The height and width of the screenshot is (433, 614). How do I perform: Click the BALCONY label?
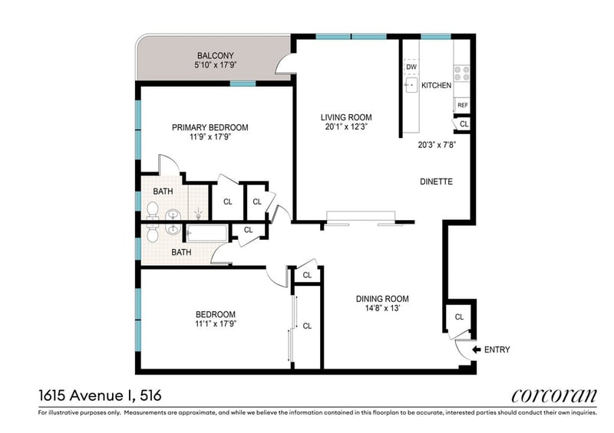click(x=216, y=55)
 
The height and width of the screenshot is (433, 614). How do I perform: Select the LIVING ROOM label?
click(x=346, y=117)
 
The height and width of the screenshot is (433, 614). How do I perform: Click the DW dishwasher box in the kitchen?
click(x=411, y=67)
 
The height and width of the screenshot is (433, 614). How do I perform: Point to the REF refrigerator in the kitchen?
click(x=462, y=105)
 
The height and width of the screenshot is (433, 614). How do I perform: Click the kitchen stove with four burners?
click(x=462, y=73)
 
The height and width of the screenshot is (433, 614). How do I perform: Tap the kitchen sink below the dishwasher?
click(x=411, y=85)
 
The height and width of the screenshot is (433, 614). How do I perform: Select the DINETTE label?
click(x=436, y=182)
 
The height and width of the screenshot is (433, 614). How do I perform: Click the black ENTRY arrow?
click(x=476, y=349)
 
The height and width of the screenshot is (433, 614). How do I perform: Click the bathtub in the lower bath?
click(x=206, y=233)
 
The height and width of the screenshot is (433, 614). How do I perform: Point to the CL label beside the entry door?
click(x=459, y=317)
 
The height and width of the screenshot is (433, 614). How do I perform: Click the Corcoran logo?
click(x=554, y=395)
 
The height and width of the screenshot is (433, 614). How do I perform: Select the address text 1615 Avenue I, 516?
click(x=100, y=395)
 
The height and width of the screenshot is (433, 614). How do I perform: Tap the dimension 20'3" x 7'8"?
click(x=437, y=145)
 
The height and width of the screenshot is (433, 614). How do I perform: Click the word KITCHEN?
click(x=436, y=85)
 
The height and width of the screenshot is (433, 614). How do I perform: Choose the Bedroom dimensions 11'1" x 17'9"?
click(x=216, y=324)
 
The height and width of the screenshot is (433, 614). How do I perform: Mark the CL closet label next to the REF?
click(x=464, y=124)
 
